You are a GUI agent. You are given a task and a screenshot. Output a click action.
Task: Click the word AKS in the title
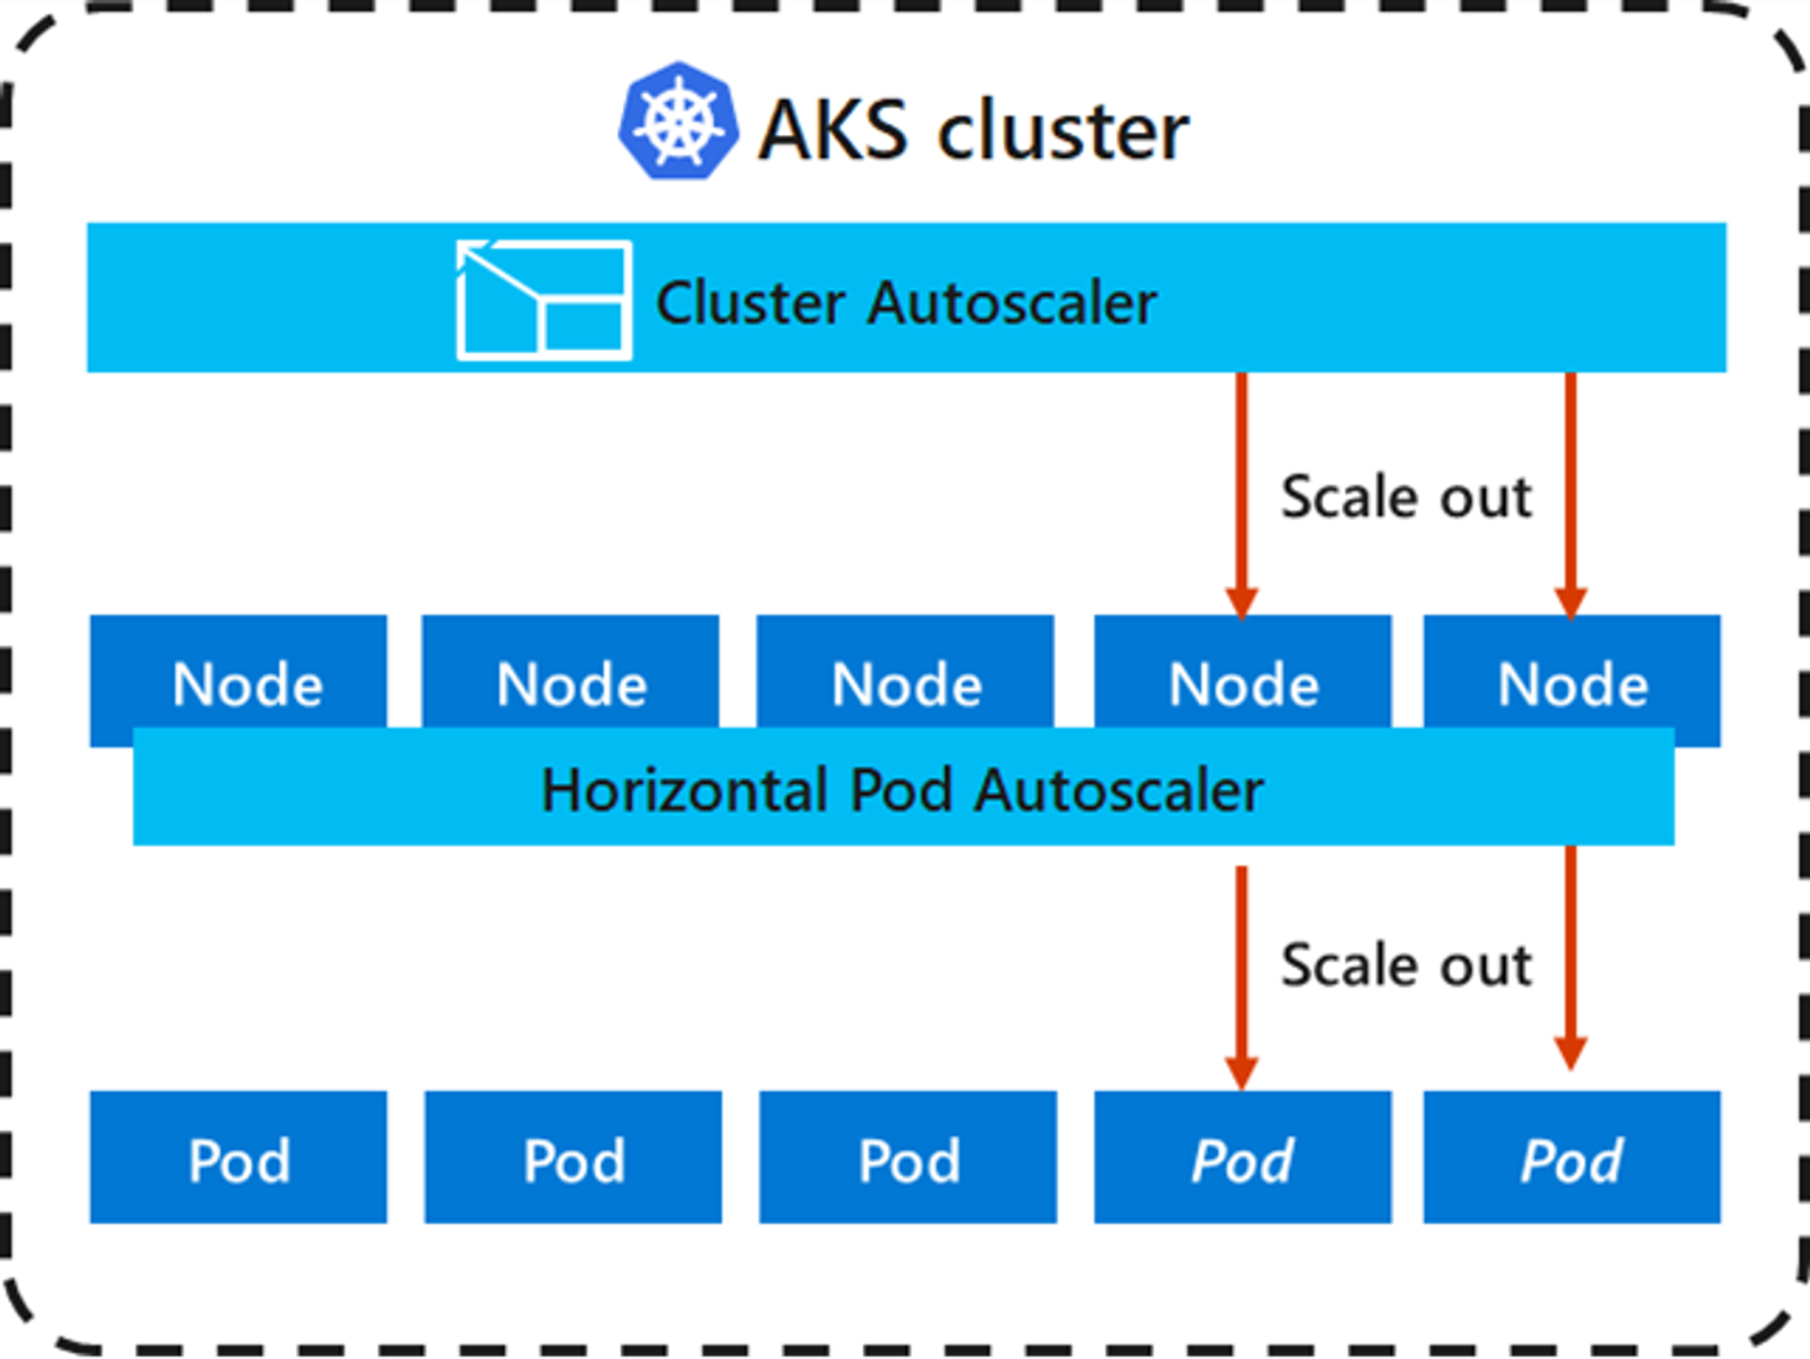pyautogui.click(x=832, y=131)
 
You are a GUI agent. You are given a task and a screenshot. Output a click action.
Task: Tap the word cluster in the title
pyautogui.click(x=1062, y=131)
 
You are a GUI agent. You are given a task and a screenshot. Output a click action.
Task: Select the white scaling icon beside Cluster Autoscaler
pyautogui.click(x=544, y=300)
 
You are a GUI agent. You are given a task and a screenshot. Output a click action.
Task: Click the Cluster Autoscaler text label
pyautogui.click(x=906, y=302)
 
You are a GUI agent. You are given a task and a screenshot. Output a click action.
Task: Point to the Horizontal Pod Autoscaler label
pyautogui.click(x=902, y=790)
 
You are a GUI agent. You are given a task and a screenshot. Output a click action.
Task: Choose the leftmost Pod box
pyautogui.click(x=239, y=1158)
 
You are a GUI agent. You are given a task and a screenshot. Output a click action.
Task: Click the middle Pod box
pyautogui.click(x=908, y=1158)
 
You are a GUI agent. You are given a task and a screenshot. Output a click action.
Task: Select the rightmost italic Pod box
pyautogui.click(x=1572, y=1158)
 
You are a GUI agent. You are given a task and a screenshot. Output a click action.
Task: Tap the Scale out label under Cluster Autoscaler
pyautogui.click(x=1405, y=497)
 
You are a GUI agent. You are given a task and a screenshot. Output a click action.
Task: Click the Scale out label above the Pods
pyautogui.click(x=1405, y=965)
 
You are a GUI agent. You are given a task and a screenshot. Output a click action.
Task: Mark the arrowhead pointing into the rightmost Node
pyautogui.click(x=1570, y=603)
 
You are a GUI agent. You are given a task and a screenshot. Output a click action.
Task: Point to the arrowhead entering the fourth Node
pyautogui.click(x=1242, y=603)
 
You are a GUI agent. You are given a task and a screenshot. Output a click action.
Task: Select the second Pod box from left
pyautogui.click(x=573, y=1158)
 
